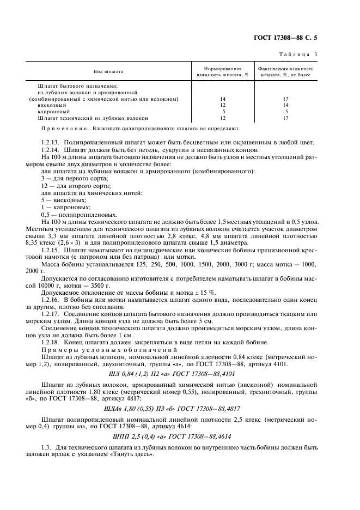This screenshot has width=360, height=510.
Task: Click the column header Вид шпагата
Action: pos(109,71)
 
